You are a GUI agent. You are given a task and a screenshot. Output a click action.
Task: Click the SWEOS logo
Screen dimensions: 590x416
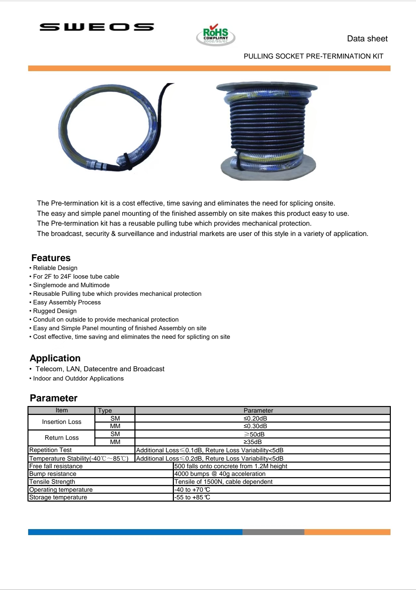(x=97, y=27)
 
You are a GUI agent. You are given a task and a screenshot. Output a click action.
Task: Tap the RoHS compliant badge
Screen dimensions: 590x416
(x=216, y=35)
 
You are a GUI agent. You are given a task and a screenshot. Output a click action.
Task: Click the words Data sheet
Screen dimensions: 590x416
(x=367, y=39)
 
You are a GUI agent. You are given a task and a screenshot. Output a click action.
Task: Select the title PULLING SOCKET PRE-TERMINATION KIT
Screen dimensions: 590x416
(x=313, y=56)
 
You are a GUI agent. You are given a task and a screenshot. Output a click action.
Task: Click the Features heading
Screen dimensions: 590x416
(x=51, y=258)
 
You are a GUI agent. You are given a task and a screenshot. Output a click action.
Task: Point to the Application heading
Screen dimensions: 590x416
(x=55, y=358)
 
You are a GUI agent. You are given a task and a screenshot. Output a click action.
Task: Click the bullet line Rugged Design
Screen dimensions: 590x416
(x=55, y=311)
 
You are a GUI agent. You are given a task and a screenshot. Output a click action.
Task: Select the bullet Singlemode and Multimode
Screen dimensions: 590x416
(x=71, y=285)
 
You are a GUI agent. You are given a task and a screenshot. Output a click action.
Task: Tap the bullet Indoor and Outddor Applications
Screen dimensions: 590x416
(x=78, y=378)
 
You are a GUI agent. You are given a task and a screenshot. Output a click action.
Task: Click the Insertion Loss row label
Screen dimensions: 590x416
(x=62, y=422)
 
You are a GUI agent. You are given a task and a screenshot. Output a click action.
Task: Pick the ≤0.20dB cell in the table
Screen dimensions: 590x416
(x=255, y=418)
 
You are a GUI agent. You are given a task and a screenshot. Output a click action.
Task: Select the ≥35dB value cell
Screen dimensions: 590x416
(x=252, y=442)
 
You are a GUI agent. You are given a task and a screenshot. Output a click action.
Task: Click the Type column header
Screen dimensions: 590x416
(x=105, y=410)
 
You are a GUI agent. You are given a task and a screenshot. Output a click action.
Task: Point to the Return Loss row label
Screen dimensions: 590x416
(x=62, y=437)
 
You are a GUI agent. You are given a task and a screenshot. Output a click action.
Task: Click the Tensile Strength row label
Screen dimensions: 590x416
(x=52, y=481)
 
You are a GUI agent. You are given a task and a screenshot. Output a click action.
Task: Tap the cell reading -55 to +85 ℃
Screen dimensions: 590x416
(x=192, y=497)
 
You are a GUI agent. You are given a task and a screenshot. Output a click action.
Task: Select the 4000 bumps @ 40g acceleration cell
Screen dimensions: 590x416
(x=220, y=474)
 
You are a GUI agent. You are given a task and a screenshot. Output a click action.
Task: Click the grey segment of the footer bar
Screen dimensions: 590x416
(x=273, y=532)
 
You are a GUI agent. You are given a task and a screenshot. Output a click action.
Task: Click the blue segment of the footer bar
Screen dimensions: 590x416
(x=135, y=532)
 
